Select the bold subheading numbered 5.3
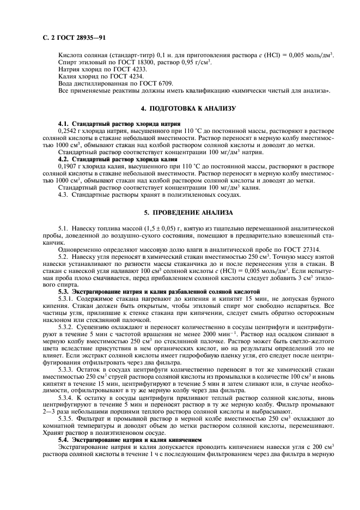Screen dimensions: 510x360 pos(159,292)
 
